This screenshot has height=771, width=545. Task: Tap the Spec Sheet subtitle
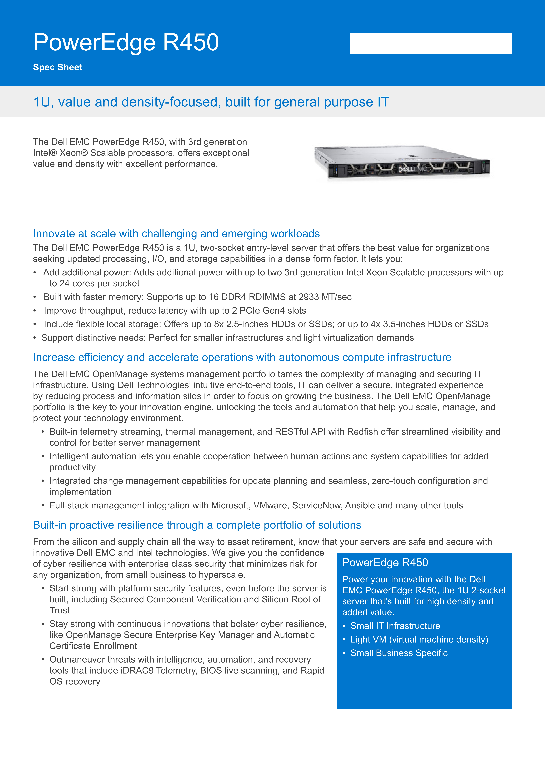(x=57, y=67)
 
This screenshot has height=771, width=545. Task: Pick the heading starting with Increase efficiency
(x=242, y=357)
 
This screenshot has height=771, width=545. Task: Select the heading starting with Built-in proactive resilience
(x=197, y=525)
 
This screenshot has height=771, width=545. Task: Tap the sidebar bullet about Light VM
(x=419, y=639)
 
